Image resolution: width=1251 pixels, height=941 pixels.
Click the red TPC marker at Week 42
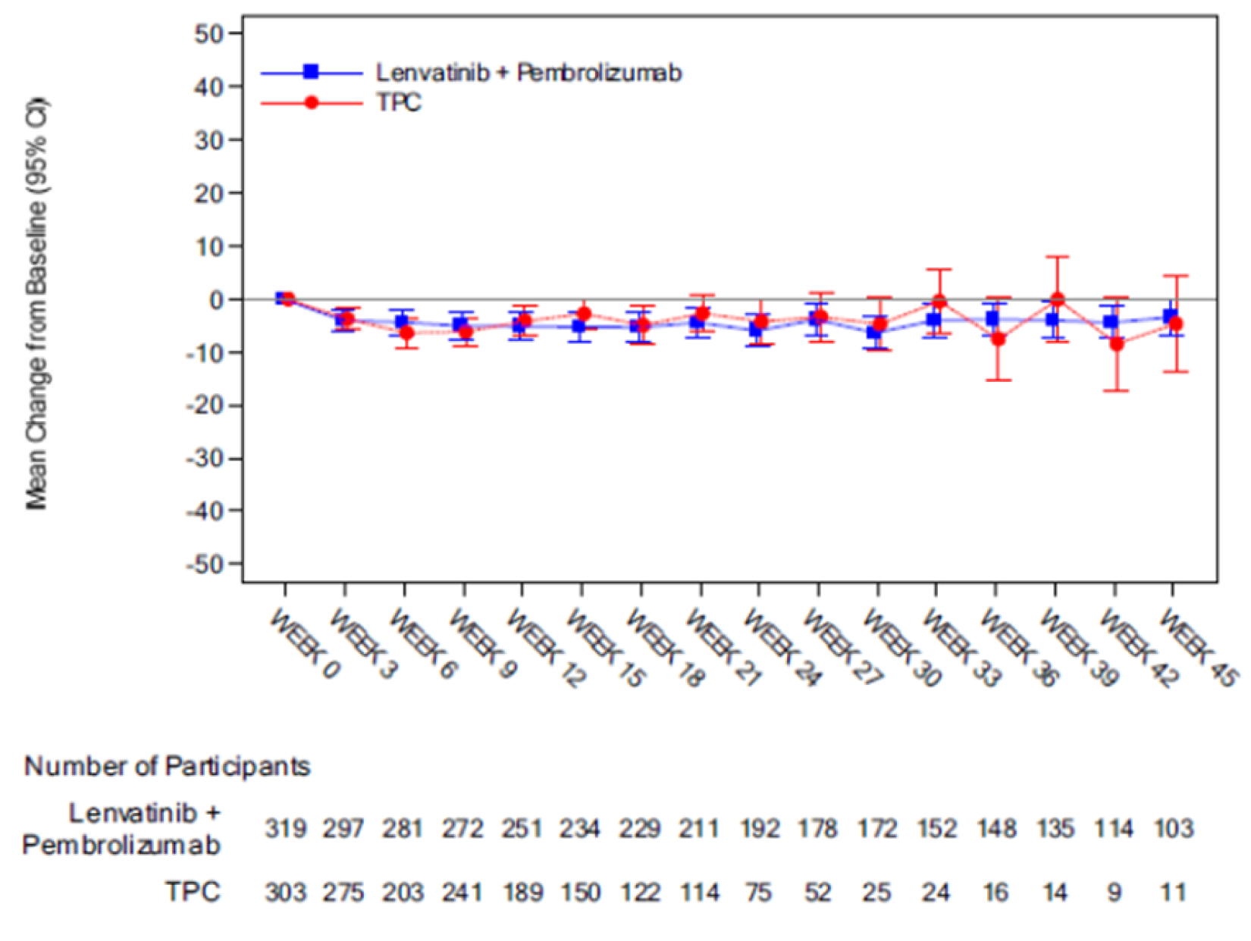1116,343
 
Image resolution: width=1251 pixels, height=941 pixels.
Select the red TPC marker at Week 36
998,339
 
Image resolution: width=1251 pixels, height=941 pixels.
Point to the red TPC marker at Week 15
584,313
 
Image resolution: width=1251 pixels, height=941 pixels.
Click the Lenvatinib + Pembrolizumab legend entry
528,73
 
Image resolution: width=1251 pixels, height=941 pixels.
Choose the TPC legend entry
399,102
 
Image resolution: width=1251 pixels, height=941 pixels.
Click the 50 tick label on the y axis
208,34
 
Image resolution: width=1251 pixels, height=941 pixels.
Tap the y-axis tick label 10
210,246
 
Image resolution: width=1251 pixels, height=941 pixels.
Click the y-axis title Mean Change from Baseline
36,303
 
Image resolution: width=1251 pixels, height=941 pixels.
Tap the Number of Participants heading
167,767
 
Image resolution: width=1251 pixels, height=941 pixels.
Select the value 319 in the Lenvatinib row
285,829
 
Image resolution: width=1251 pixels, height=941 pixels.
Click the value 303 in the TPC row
285,893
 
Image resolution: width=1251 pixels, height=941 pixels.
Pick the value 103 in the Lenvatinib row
1174,829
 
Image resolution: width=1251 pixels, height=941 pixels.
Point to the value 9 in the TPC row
1114,893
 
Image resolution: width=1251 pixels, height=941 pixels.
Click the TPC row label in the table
193,892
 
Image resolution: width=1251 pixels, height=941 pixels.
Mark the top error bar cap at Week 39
1057,257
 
